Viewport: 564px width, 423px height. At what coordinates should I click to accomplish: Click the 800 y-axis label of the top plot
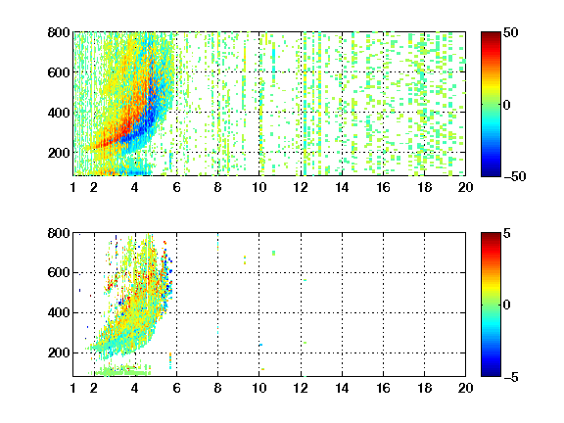(59, 32)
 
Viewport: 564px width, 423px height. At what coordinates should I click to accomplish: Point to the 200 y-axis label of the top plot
(59, 153)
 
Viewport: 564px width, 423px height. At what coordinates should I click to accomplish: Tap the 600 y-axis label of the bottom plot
(59, 272)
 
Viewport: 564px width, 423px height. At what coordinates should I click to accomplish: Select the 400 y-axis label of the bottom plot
(59, 312)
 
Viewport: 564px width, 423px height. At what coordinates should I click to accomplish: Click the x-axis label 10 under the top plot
(258, 187)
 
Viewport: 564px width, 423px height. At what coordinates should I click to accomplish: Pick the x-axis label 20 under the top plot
(465, 187)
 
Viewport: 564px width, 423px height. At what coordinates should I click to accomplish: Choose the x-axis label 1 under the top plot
(73, 187)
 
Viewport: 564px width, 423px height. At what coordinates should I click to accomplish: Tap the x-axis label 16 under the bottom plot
(383, 388)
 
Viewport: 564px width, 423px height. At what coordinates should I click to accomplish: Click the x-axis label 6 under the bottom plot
(176, 388)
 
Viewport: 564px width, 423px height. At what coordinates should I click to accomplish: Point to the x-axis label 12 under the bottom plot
(301, 388)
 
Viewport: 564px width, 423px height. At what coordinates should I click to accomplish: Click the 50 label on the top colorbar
(511, 32)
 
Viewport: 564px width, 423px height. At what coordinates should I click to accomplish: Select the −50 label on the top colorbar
(515, 176)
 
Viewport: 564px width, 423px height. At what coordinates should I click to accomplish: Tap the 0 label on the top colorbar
(507, 105)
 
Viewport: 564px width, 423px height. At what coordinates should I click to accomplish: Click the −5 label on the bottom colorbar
(511, 377)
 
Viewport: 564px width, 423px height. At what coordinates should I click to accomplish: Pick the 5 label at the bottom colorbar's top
(507, 233)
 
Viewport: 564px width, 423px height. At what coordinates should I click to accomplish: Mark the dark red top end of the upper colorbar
(491, 34)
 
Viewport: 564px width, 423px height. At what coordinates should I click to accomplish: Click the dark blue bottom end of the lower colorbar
(491, 374)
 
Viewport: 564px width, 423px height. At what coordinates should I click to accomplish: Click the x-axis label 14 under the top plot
(342, 187)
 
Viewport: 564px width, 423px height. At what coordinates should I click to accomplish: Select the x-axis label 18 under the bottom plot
(424, 388)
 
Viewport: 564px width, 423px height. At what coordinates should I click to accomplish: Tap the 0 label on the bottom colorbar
(507, 305)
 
